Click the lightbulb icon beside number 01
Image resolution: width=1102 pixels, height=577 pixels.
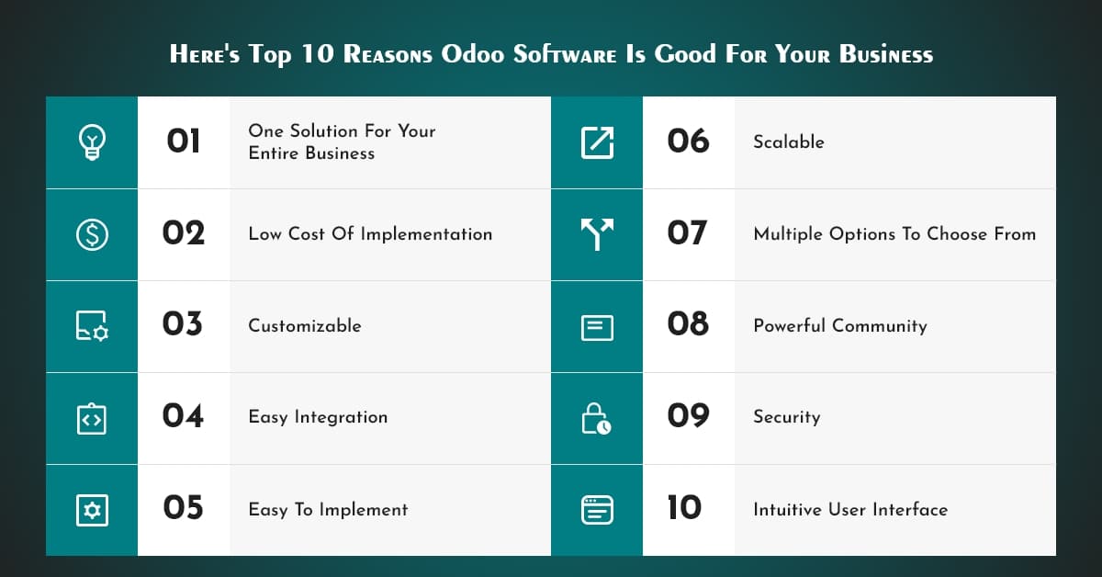pyautogui.click(x=92, y=142)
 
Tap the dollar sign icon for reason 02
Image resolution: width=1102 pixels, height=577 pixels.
pyautogui.click(x=92, y=234)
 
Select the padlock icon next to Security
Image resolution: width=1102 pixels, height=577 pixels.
pyautogui.click(x=597, y=418)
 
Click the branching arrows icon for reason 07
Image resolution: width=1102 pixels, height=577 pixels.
pyautogui.click(x=597, y=234)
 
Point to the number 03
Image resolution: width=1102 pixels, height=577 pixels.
pyautogui.click(x=183, y=324)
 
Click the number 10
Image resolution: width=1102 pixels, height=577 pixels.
pyautogui.click(x=684, y=508)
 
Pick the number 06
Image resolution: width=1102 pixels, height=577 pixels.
pyautogui.click(x=688, y=141)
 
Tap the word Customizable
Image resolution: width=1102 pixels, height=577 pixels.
pyautogui.click(x=305, y=326)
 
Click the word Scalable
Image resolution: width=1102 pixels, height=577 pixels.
pyautogui.click(x=789, y=142)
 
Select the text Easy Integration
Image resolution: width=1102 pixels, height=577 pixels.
pyautogui.click(x=318, y=417)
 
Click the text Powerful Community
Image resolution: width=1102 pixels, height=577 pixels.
pyautogui.click(x=840, y=326)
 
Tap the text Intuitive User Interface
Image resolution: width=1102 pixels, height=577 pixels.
pyautogui.click(x=850, y=510)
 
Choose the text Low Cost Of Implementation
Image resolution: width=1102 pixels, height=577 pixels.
pyautogui.click(x=370, y=234)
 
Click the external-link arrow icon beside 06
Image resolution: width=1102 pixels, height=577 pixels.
pyautogui.click(x=597, y=142)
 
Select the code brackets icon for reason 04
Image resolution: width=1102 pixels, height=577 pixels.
pyautogui.click(x=92, y=418)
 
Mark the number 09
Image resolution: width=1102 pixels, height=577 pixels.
pyautogui.click(x=688, y=416)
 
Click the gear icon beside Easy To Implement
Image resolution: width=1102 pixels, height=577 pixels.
pyautogui.click(x=92, y=510)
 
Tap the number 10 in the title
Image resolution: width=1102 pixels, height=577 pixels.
pyautogui.click(x=317, y=54)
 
